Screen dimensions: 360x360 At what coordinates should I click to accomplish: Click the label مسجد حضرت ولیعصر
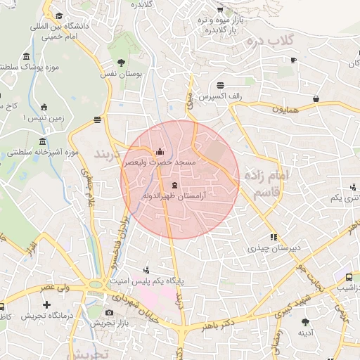160,162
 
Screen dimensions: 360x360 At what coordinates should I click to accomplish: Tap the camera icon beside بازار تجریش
108,313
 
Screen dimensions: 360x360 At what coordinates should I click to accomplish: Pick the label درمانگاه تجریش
47,316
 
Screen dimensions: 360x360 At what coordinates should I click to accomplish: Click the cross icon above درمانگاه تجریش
46,305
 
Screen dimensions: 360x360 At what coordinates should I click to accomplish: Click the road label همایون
287,110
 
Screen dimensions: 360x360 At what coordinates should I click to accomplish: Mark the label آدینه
305,332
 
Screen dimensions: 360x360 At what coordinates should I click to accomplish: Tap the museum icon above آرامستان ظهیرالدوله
174,185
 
